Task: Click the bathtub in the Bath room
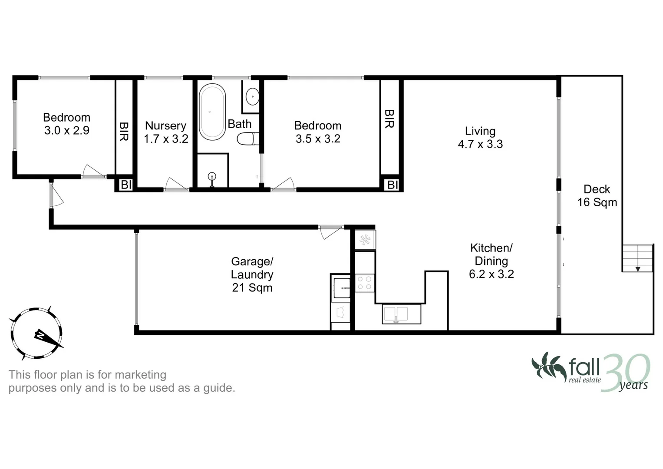(212, 112)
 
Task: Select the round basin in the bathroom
(252, 96)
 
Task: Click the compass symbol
(36, 334)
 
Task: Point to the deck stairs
(637, 258)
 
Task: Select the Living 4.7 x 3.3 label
(480, 138)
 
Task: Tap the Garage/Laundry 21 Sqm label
(252, 274)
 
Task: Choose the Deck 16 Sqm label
(597, 195)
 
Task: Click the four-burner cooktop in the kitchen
(364, 283)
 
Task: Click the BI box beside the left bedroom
(126, 185)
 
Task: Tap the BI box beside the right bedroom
(392, 185)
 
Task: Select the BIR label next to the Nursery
(124, 131)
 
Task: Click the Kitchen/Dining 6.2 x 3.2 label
(491, 261)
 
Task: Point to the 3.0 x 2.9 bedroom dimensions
(67, 130)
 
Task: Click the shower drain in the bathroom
(212, 176)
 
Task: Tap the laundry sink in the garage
(342, 288)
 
